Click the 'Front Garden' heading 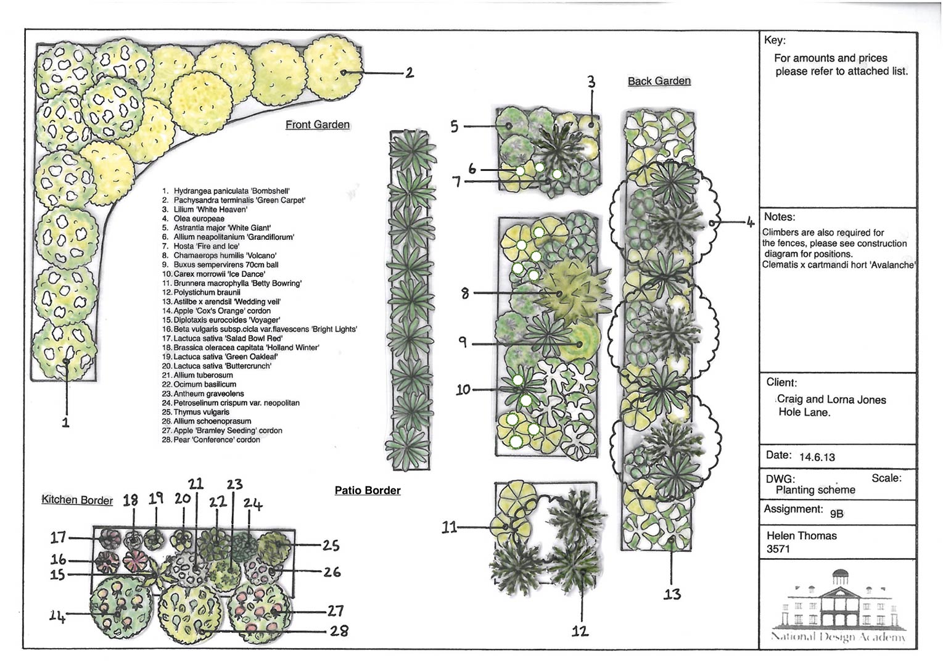(x=317, y=125)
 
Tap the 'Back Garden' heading (x=659, y=81)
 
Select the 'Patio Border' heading (x=368, y=490)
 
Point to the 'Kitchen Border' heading (x=77, y=499)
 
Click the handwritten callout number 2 (x=409, y=73)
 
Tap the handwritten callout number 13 (x=672, y=594)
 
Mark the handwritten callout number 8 (x=465, y=293)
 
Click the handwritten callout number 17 (x=58, y=538)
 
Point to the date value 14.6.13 (x=817, y=457)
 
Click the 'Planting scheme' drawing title (x=815, y=490)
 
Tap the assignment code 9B (x=836, y=513)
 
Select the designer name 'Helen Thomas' (x=801, y=535)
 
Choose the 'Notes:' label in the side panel (x=779, y=216)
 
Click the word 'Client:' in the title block (x=781, y=382)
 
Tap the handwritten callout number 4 (x=750, y=223)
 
